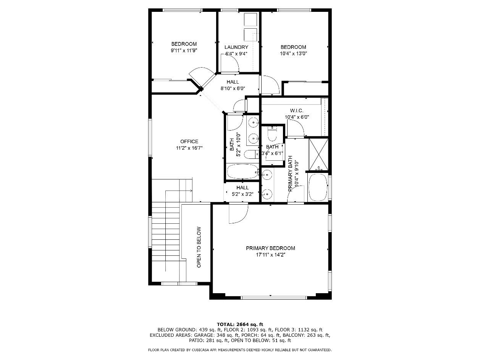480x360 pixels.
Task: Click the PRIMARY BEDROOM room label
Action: pos(270,248)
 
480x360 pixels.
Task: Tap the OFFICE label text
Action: pos(189,141)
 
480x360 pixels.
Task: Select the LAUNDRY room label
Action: pos(236,47)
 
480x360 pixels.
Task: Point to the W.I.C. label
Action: pos(297,111)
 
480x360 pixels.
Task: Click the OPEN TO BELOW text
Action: pos(199,247)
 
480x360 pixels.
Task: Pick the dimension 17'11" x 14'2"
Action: pos(270,255)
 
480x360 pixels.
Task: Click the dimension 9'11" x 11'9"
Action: pos(184,50)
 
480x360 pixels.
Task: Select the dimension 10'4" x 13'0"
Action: pos(294,53)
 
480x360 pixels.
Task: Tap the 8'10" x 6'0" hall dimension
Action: pos(233,89)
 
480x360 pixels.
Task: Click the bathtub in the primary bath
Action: pos(318,187)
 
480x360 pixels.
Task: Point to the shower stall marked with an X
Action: pos(318,154)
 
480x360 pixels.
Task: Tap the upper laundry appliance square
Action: pos(251,19)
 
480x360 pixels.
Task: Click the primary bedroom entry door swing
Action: pos(239,213)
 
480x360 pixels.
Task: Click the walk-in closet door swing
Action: pos(296,129)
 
